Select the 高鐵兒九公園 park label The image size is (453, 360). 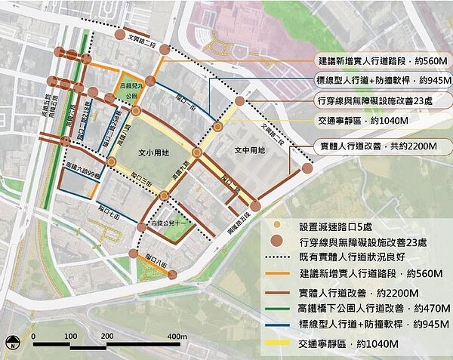click(133, 92)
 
